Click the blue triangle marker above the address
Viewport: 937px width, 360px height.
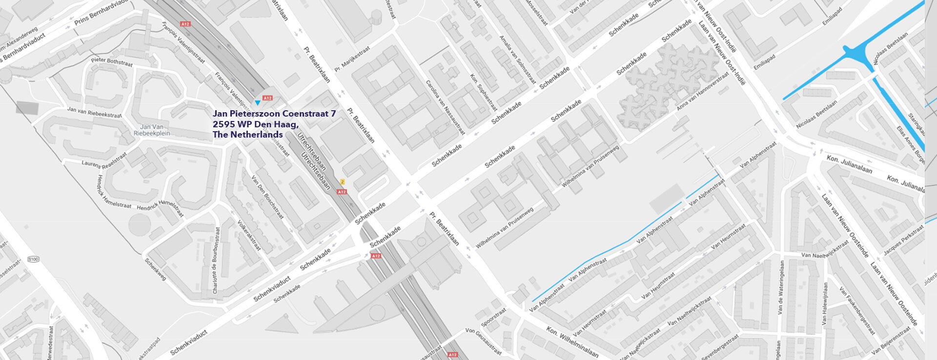[258, 103]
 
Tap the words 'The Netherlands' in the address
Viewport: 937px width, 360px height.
[247, 135]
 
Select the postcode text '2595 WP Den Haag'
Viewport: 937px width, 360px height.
[255, 124]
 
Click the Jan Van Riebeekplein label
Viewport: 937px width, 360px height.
[152, 130]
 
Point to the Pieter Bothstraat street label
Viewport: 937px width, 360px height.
[112, 62]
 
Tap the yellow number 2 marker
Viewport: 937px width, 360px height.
[343, 182]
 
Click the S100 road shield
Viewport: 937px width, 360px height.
[33, 259]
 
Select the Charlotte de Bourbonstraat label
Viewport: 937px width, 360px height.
[216, 260]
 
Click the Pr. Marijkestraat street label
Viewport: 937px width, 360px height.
[352, 59]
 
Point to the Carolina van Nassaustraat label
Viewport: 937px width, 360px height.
[445, 107]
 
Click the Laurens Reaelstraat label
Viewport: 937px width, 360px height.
[104, 160]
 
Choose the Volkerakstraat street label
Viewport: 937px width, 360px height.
[249, 235]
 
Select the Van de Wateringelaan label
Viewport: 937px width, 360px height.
[781, 287]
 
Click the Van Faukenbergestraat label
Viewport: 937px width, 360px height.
[856, 311]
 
